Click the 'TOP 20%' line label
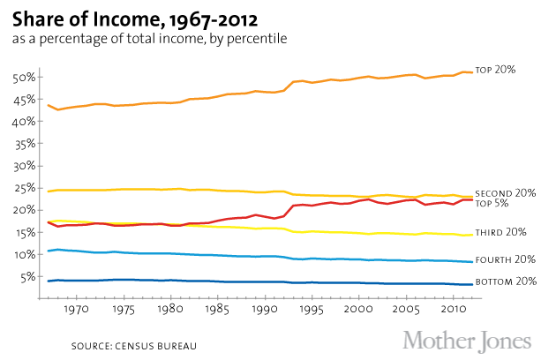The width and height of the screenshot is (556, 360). [496, 69]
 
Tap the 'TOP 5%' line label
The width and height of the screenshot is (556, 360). [492, 203]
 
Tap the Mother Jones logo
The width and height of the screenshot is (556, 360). [468, 340]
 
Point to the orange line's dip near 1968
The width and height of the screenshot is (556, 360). [57, 109]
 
